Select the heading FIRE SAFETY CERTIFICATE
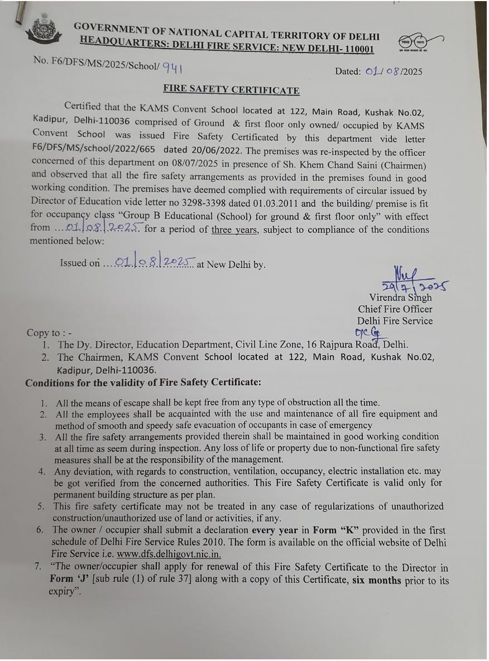tap(231, 90)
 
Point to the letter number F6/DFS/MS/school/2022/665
tap(93, 150)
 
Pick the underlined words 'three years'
tap(235, 229)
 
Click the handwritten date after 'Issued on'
tap(150, 262)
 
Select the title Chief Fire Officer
tap(395, 309)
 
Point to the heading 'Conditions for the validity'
tap(143, 382)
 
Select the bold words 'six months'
tap(376, 580)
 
